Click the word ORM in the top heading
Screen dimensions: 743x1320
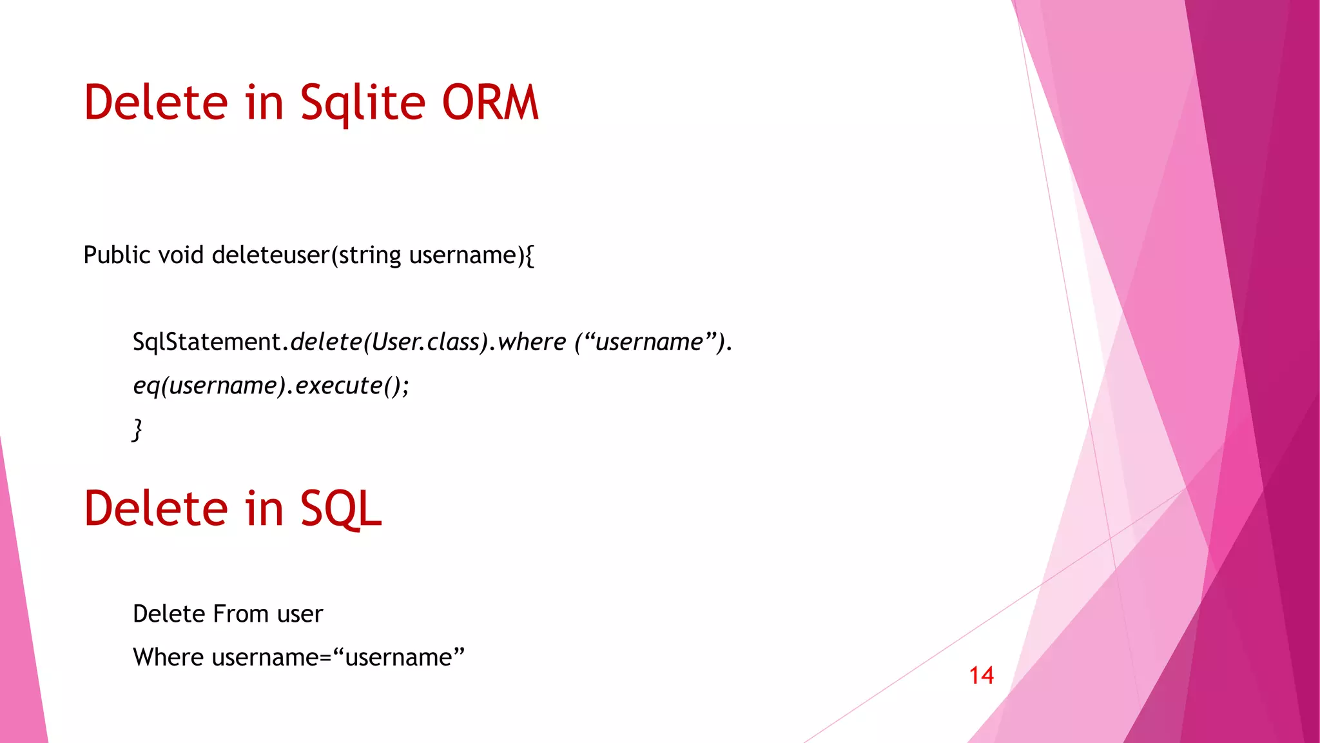[x=490, y=103]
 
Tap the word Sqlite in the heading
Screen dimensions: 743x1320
[x=362, y=103]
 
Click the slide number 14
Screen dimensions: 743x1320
[x=981, y=676]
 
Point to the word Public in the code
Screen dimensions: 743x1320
[x=117, y=255]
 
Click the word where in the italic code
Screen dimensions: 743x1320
[x=532, y=342]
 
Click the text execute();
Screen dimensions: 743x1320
[x=352, y=386]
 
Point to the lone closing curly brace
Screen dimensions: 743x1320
[x=137, y=430]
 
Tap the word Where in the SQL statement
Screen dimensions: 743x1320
[x=168, y=657]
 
